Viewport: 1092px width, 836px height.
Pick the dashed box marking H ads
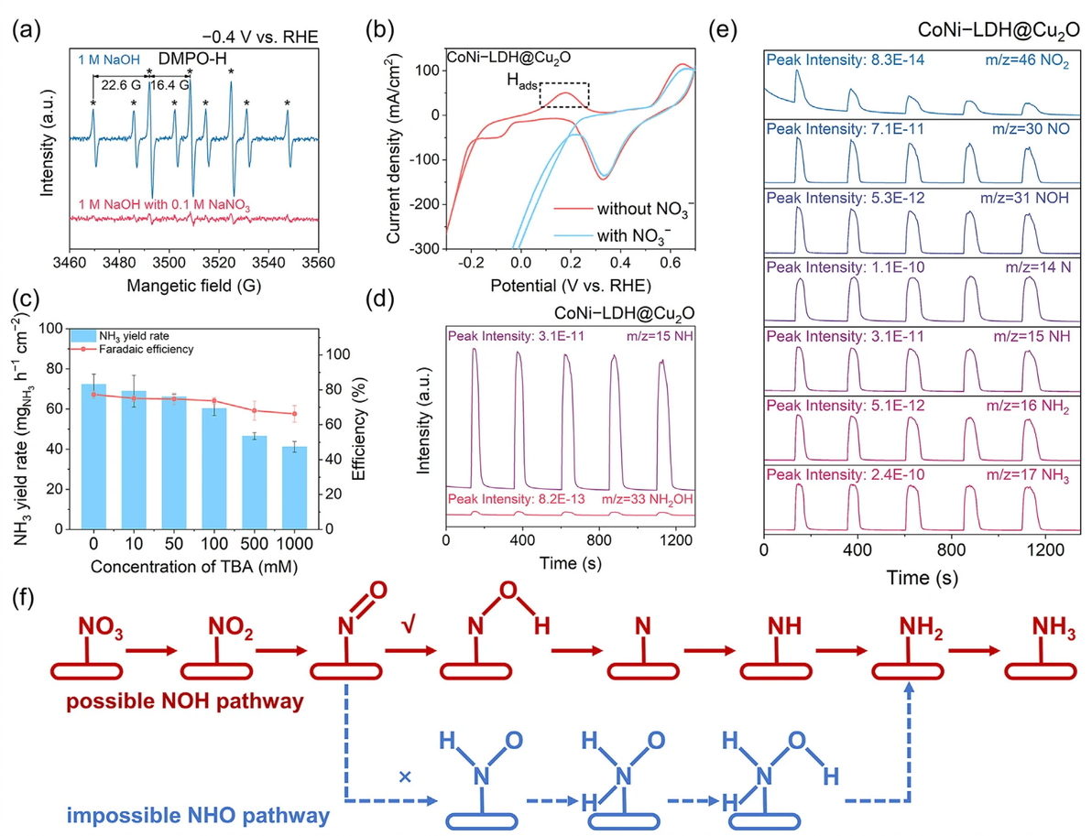coord(563,95)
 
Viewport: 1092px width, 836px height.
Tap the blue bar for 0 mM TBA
coord(94,456)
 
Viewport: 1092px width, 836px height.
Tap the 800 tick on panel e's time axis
coord(948,549)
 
